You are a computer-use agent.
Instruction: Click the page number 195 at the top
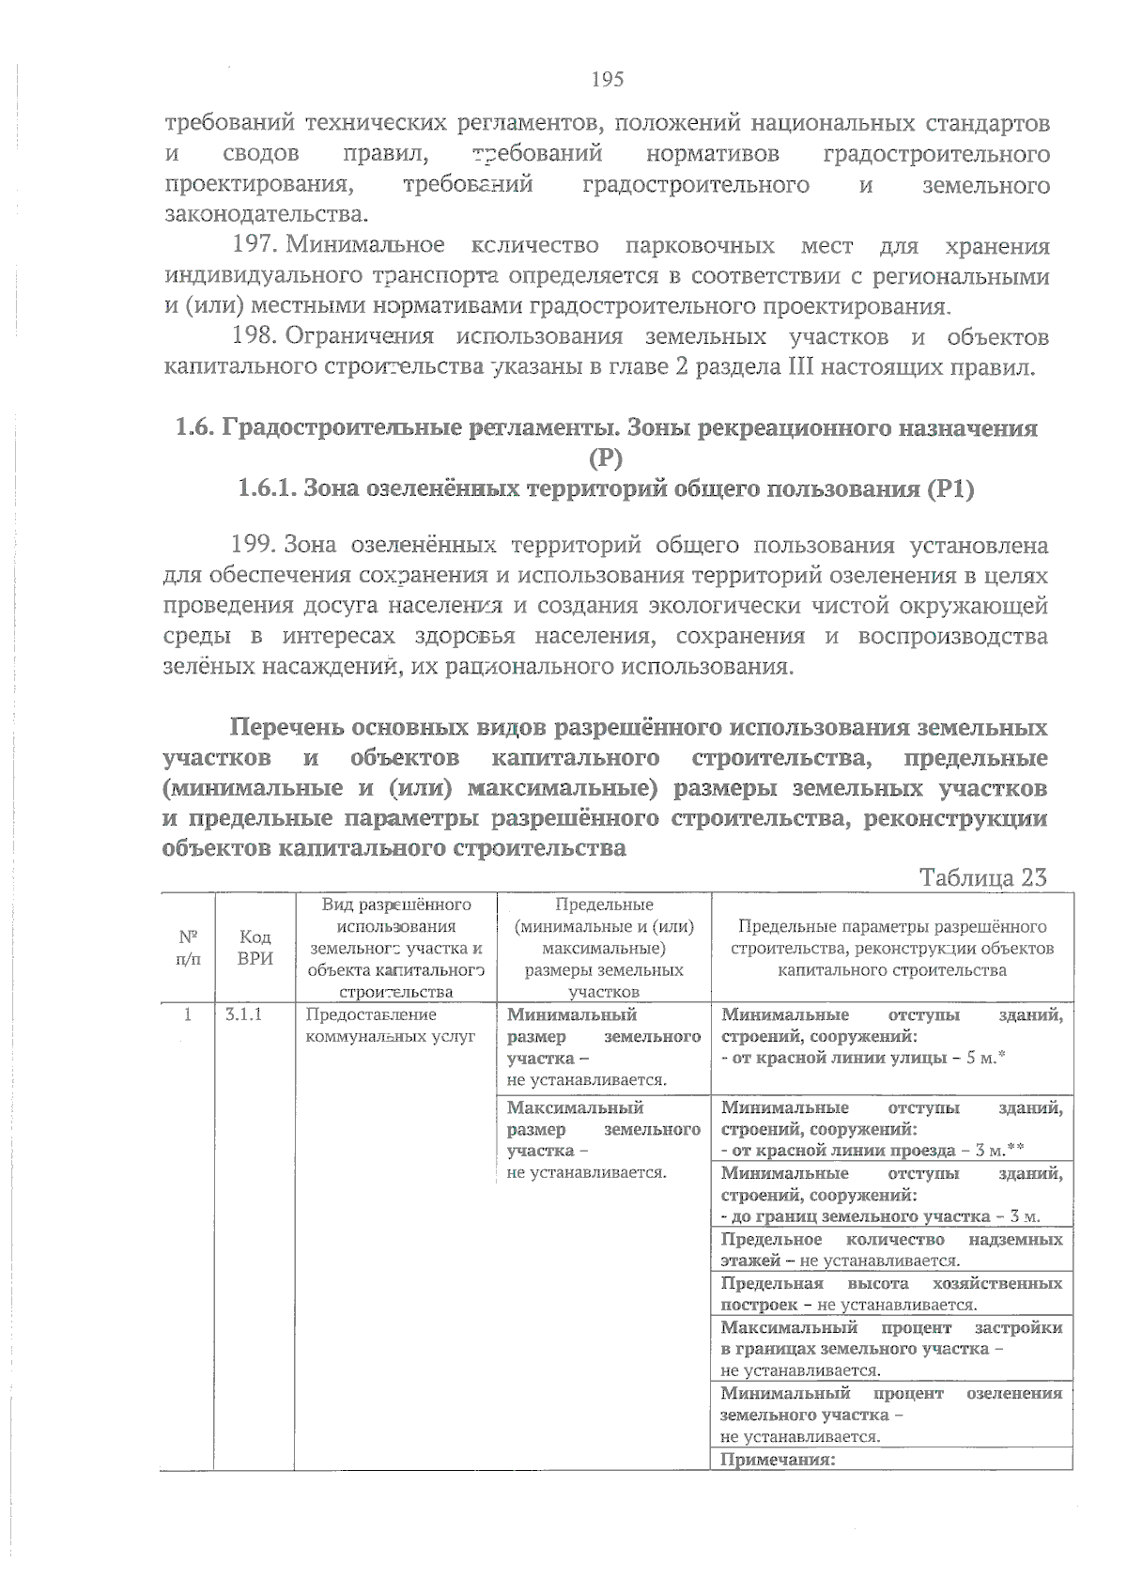click(x=608, y=80)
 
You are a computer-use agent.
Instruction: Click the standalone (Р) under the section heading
click(x=607, y=459)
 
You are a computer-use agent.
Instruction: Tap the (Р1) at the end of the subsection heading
click(x=949, y=489)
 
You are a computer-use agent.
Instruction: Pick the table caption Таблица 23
click(x=983, y=877)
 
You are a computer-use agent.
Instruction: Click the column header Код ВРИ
click(x=255, y=948)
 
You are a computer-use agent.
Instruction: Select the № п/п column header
click(x=188, y=948)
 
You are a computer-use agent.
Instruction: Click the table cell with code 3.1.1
click(x=243, y=1015)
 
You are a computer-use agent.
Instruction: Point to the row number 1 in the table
click(x=188, y=1015)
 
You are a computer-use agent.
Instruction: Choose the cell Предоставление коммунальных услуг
click(x=390, y=1026)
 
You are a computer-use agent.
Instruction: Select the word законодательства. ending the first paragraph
click(x=265, y=215)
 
